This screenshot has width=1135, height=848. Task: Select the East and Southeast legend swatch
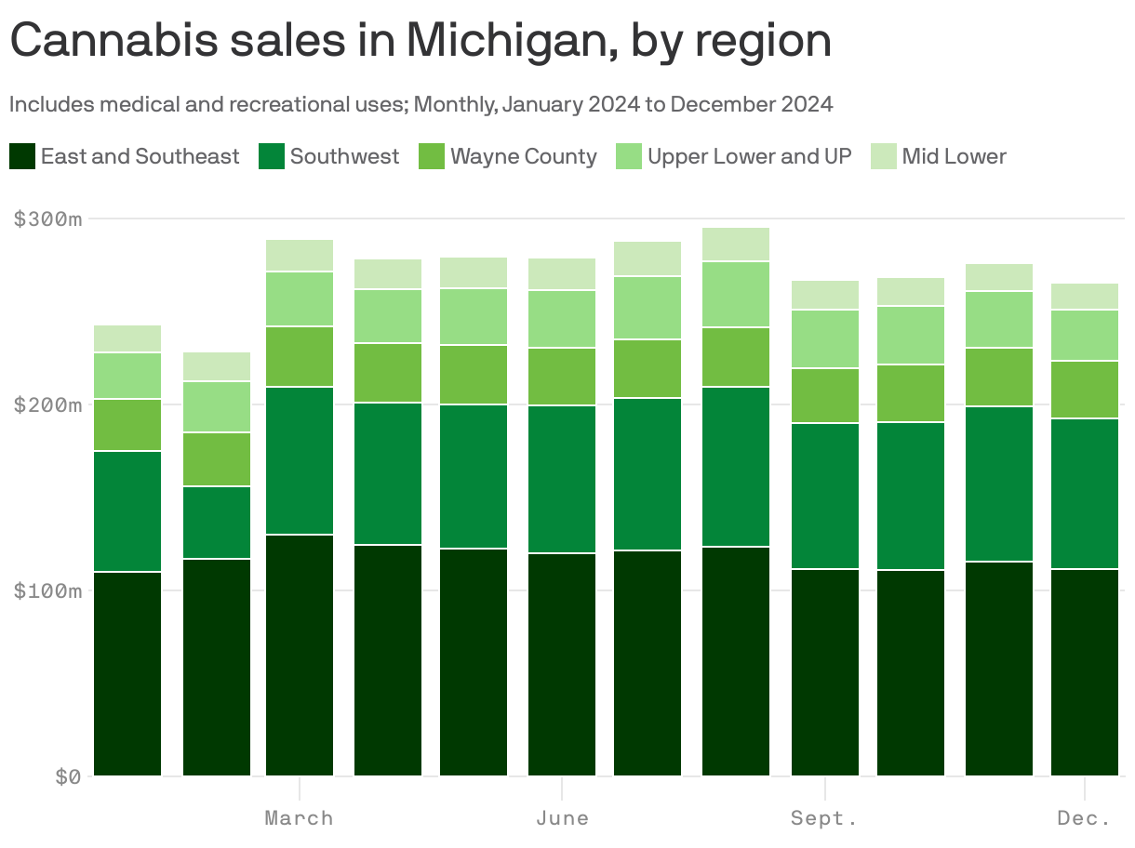tap(23, 156)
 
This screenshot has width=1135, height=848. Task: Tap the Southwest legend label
tap(344, 156)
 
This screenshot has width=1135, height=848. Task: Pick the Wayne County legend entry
tap(523, 156)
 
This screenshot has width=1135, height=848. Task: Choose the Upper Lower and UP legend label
tap(749, 156)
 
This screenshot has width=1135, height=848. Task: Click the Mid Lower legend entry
tap(954, 156)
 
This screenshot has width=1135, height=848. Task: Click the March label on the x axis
tap(299, 818)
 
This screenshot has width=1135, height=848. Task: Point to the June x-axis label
tap(562, 818)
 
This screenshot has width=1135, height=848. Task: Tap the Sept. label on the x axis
tap(824, 818)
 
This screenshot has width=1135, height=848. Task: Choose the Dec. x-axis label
tap(1085, 818)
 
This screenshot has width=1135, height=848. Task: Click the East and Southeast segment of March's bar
tap(300, 656)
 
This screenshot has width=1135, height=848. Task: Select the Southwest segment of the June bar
tap(562, 480)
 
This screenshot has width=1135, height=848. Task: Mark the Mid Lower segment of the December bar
tap(1085, 297)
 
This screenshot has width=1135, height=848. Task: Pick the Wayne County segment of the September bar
tap(825, 396)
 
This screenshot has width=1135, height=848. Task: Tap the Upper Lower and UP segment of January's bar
tap(127, 376)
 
